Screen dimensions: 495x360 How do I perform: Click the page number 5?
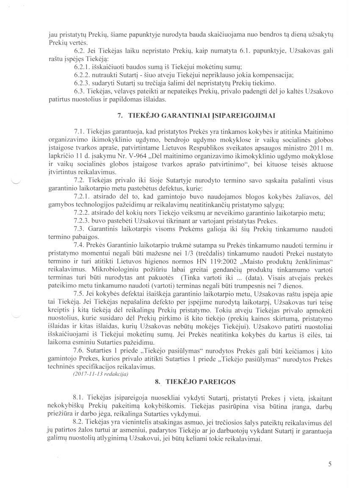tap(330, 464)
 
